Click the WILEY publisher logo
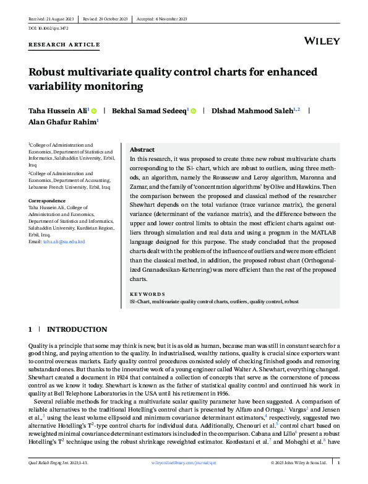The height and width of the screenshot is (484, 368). coord(322,41)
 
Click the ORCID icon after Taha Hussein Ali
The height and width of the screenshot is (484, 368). coord(94,110)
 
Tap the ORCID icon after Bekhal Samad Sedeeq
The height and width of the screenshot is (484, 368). coord(193,110)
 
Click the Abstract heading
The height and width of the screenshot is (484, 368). coord(142,150)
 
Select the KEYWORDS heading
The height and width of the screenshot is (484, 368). coord(147,295)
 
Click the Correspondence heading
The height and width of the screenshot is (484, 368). coord(48,201)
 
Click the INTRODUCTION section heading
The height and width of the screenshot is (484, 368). coord(77,329)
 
